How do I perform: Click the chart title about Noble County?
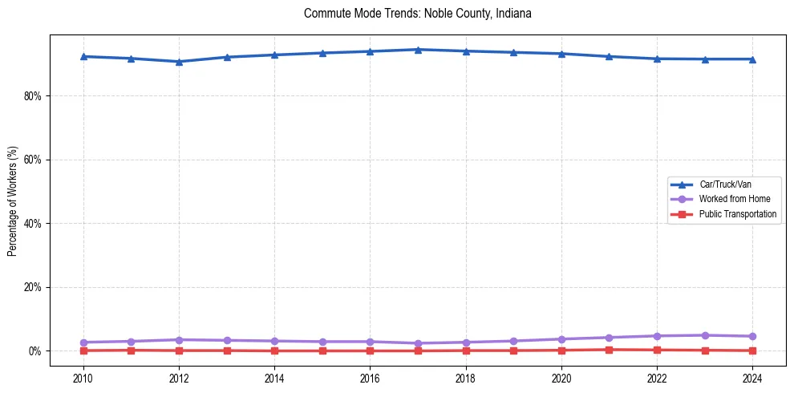tap(418, 14)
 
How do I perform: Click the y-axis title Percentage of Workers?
tap(12, 201)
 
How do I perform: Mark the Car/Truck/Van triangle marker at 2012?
tap(179, 62)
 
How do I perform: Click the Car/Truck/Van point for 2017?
tap(418, 50)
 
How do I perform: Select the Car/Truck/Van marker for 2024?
tap(752, 59)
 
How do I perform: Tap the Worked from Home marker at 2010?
tap(83, 342)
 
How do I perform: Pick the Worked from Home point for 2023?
tap(705, 335)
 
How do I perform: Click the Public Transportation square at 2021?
tap(609, 350)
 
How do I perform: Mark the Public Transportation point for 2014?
tap(274, 350)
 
